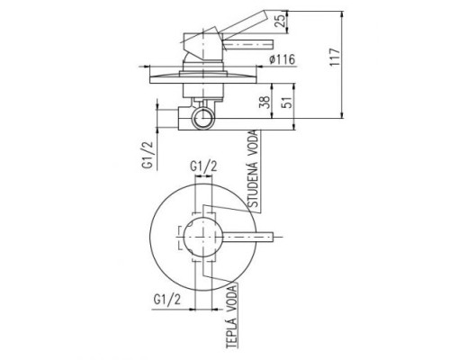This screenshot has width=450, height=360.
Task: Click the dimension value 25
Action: coord(280,21)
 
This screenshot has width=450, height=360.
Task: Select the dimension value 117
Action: coord(335,57)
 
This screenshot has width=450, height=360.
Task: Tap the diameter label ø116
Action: coord(282,59)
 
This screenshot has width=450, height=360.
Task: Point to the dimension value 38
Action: coord(265,102)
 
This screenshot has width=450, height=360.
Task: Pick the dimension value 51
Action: coord(287,102)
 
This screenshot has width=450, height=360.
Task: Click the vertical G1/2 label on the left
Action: coord(149,156)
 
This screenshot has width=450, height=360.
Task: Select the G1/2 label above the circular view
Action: coord(203,166)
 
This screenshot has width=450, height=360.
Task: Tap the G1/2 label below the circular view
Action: coord(167,299)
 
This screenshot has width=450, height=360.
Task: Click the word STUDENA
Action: coord(253,184)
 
